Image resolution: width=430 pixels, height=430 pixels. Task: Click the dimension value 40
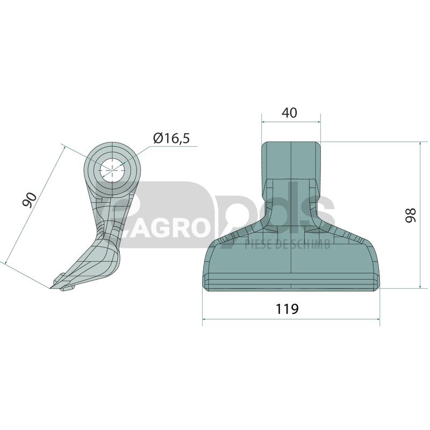289,113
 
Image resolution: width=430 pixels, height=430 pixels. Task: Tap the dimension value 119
287,309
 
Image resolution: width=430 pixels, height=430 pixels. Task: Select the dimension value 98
411,216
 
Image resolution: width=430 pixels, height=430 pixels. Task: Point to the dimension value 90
30,200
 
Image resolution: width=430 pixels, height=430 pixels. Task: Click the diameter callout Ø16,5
171,138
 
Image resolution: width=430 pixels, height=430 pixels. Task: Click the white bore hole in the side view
112,170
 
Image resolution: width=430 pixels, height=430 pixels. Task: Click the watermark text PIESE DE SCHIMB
288,244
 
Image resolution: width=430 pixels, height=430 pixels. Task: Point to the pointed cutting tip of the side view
51,288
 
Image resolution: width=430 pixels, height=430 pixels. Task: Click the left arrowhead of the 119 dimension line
204,319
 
